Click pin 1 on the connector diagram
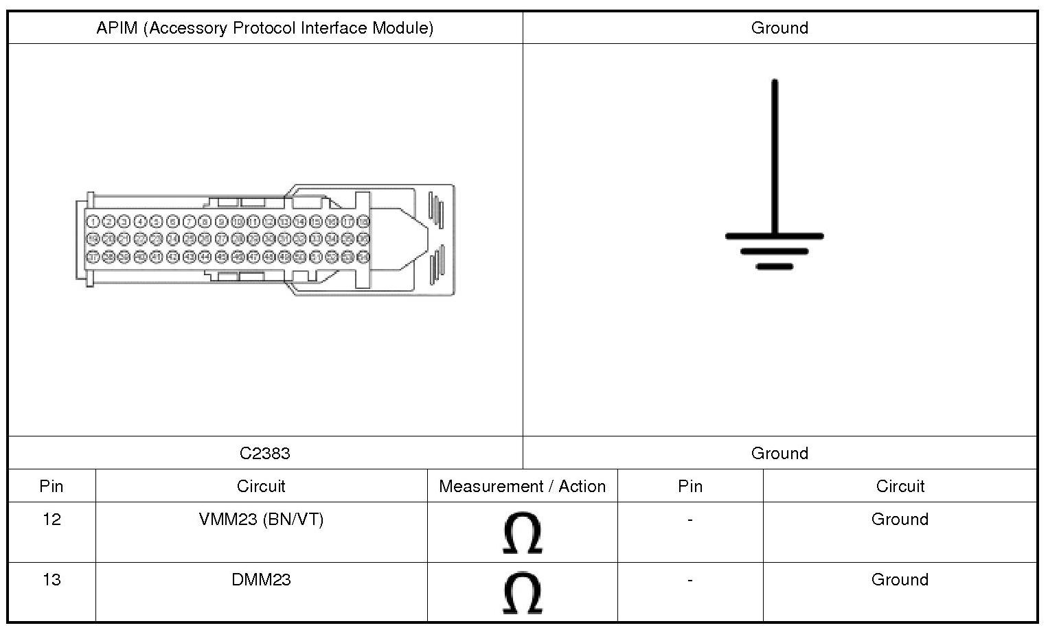(x=92, y=221)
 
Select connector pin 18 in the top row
(x=363, y=221)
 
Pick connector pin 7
(x=189, y=221)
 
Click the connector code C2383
(x=265, y=453)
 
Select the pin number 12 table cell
(x=52, y=520)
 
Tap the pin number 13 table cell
(x=52, y=580)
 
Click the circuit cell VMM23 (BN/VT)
(x=261, y=520)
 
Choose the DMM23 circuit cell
(x=261, y=580)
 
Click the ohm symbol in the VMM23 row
(x=522, y=533)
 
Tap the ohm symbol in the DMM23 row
(x=522, y=593)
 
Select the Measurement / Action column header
(x=522, y=487)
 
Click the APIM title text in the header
(x=265, y=28)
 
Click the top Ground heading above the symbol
(x=779, y=28)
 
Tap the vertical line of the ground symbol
(x=775, y=158)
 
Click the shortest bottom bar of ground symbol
(x=775, y=266)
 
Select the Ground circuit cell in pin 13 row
(x=900, y=580)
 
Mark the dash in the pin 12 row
(x=690, y=520)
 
